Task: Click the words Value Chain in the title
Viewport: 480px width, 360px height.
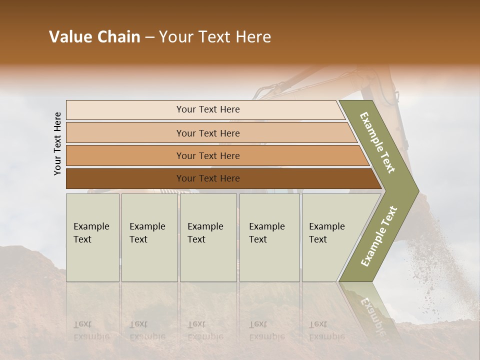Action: point(94,37)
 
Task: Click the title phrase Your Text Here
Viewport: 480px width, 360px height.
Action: point(215,37)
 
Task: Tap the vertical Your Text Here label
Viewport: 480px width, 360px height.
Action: point(57,143)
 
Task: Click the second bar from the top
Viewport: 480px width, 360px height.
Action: point(208,133)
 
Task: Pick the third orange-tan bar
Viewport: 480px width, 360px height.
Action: point(208,155)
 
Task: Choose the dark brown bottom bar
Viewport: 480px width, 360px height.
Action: point(208,178)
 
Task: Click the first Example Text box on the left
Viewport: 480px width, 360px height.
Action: point(92,237)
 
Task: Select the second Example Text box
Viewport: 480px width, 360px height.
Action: point(149,237)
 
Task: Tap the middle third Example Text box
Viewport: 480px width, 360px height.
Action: point(208,237)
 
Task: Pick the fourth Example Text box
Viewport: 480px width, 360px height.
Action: point(269,237)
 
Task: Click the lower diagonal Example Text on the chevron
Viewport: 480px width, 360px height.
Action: point(379,236)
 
